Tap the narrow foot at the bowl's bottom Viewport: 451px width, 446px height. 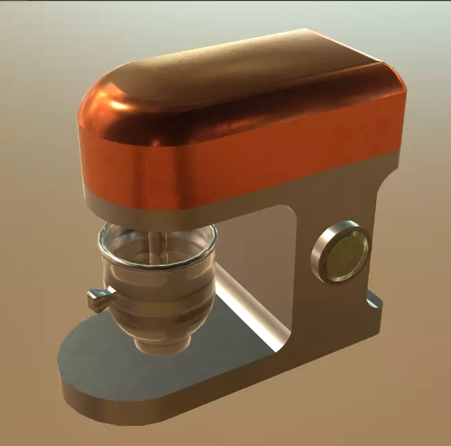coord(161,344)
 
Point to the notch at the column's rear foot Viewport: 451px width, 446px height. coord(373,302)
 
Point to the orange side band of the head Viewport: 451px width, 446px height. coord(291,149)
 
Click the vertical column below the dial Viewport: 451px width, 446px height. coord(333,312)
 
